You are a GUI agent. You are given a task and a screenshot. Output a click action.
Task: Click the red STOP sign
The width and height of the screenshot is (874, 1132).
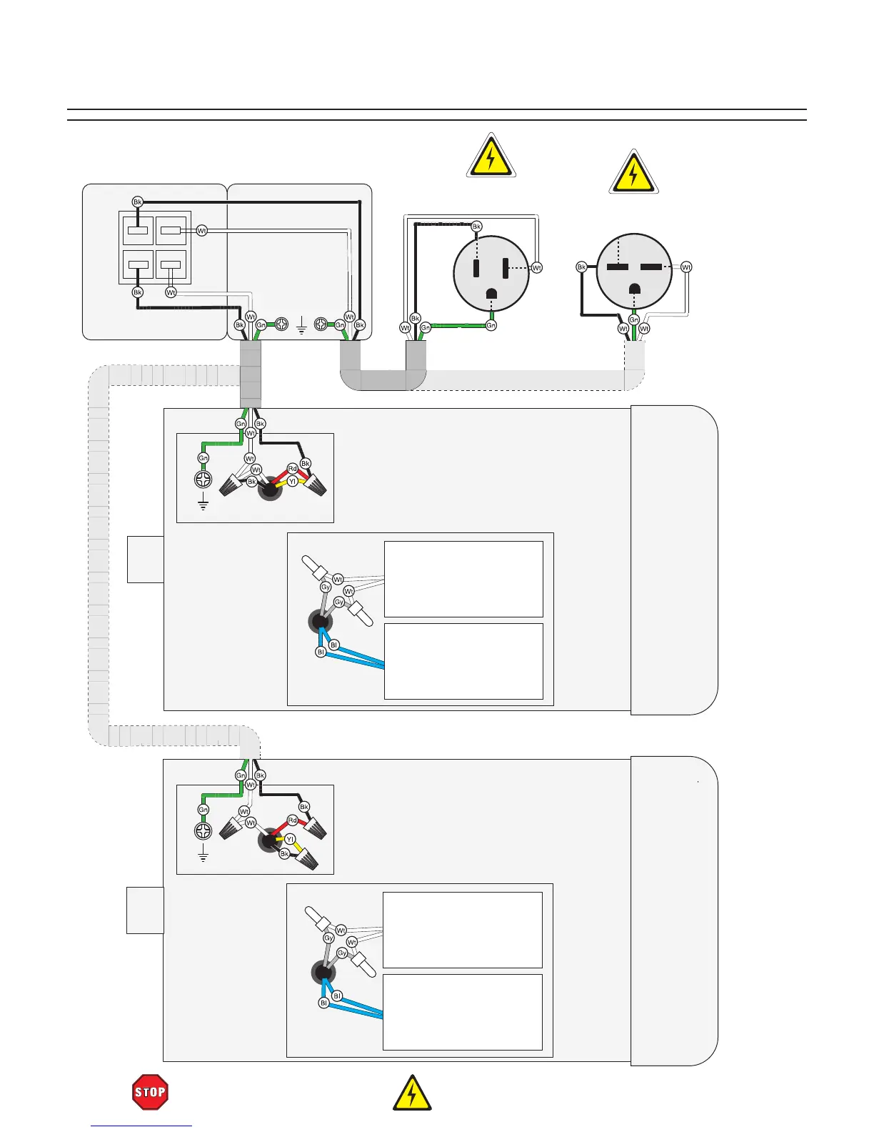click(150, 1092)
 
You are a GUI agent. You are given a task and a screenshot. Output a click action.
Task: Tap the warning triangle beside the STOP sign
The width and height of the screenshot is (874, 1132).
click(412, 1093)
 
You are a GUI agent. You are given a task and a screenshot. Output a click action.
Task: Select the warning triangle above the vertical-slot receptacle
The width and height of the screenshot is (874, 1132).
click(491, 157)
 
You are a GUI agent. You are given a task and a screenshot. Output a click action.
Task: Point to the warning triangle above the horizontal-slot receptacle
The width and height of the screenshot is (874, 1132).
click(633, 173)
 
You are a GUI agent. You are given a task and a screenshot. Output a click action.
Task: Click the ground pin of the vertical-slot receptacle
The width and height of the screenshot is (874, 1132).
click(492, 294)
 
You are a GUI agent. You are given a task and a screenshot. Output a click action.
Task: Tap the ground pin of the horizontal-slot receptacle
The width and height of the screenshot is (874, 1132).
click(633, 289)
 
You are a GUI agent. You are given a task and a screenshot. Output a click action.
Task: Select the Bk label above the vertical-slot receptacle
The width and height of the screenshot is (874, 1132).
click(476, 227)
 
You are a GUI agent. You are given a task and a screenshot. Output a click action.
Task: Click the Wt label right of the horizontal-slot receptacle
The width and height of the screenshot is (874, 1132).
click(686, 267)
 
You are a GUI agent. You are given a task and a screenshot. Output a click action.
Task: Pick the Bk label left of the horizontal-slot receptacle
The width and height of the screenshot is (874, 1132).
click(581, 267)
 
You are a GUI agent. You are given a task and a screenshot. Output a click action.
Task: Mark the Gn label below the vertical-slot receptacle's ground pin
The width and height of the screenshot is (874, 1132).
click(491, 326)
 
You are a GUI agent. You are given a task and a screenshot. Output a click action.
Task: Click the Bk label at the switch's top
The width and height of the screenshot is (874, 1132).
click(138, 202)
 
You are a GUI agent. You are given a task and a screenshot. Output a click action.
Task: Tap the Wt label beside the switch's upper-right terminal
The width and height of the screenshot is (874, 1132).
click(201, 231)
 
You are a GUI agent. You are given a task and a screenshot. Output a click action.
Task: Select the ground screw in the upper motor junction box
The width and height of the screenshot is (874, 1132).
click(203, 479)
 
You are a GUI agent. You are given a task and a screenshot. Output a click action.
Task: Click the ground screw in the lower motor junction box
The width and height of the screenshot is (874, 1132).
click(203, 830)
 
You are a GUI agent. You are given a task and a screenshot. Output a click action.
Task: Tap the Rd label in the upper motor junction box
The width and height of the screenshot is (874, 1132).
click(292, 469)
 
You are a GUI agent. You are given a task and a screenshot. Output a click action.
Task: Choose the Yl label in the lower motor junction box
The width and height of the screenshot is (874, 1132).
click(290, 839)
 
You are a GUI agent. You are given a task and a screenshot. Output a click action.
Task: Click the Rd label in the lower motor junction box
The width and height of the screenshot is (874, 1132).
click(292, 820)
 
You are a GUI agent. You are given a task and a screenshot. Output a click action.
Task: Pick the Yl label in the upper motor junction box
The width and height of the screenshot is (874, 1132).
click(292, 482)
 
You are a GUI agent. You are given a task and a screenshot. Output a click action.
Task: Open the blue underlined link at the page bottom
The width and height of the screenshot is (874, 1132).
click(141, 1126)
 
